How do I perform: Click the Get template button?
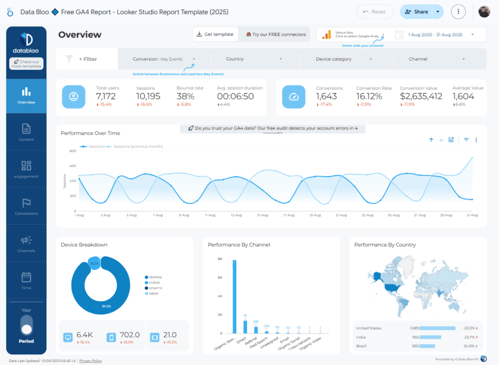pyautogui.click(x=215, y=34)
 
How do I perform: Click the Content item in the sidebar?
pyautogui.click(x=26, y=132)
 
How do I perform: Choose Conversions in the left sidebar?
pyautogui.click(x=26, y=206)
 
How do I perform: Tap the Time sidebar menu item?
pyautogui.click(x=26, y=280)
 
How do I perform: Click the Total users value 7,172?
pyautogui.click(x=106, y=96)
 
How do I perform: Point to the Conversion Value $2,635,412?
pyautogui.click(x=421, y=96)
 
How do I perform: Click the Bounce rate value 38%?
pyautogui.click(x=185, y=96)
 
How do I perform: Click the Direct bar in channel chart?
pyautogui.click(x=245, y=327)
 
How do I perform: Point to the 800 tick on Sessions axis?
pyautogui.click(x=73, y=151)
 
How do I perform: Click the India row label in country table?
pyautogui.click(x=361, y=337)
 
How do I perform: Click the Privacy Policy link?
pyautogui.click(x=91, y=361)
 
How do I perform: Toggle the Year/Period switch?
pyautogui.click(x=26, y=325)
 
